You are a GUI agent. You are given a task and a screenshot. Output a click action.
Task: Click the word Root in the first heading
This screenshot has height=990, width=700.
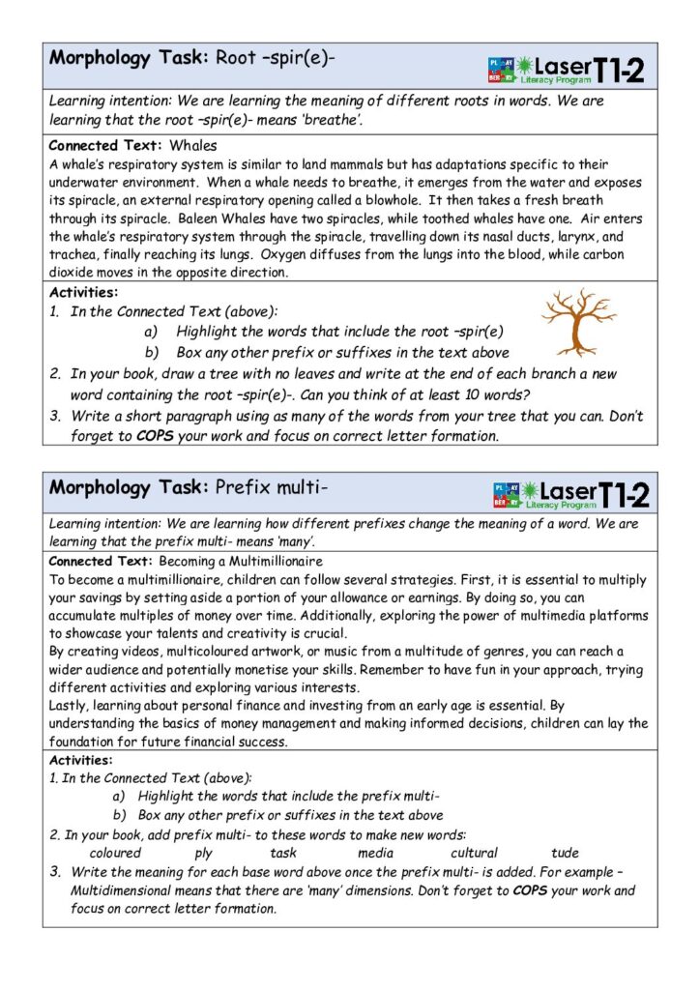click(236, 58)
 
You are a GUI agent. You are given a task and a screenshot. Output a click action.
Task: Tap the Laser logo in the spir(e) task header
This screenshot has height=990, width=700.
click(567, 68)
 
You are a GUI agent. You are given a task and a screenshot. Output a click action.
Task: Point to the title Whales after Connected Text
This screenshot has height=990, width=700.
click(193, 146)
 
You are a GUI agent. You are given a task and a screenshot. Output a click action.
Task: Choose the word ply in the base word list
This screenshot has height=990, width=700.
click(203, 853)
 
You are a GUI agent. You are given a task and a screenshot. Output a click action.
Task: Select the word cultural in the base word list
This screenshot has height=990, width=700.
click(474, 853)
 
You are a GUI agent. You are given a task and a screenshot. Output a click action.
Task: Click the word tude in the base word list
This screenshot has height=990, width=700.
click(565, 853)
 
